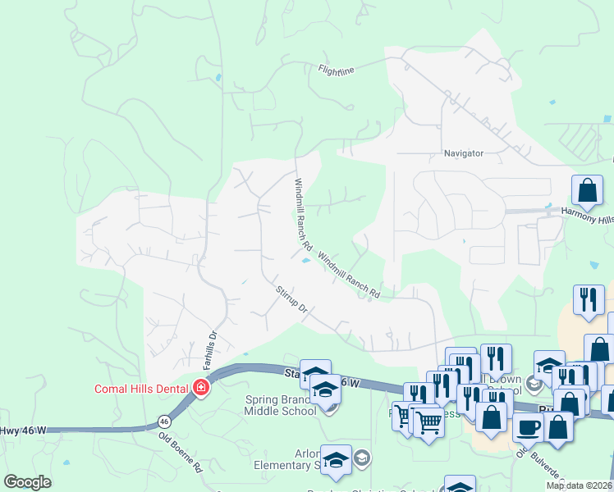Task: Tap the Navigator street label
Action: point(463,153)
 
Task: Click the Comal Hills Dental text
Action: point(142,388)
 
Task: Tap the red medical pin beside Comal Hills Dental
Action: point(200,387)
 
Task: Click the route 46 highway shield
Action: point(165,421)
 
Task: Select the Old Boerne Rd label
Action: point(181,452)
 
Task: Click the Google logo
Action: point(27,482)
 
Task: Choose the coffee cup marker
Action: point(529,426)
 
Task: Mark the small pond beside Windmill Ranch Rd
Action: point(305,262)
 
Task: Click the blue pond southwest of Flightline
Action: point(218,78)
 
